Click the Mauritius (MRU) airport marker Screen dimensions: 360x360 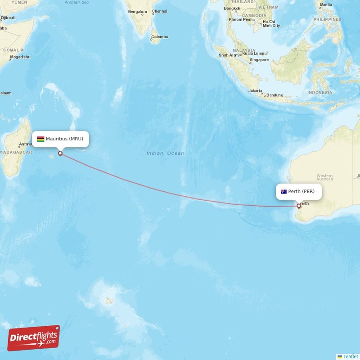tap(60, 153)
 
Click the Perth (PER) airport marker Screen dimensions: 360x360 tap(298, 206)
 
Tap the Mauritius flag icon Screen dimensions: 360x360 tap(40, 139)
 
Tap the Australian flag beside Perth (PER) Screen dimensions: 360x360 tap(284, 192)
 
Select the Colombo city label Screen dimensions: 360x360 tap(159, 37)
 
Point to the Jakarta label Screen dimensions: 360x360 tap(256, 90)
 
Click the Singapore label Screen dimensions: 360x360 tap(259, 60)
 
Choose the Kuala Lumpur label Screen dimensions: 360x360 tap(255, 53)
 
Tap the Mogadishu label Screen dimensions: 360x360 tap(20, 57)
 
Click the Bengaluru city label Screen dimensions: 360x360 tap(137, 11)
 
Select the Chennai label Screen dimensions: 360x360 tap(159, 11)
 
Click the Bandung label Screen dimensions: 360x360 tap(274, 95)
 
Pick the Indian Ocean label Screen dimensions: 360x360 tap(165, 153)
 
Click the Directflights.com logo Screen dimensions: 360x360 tap(34, 338)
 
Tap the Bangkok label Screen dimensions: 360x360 tap(232, 8)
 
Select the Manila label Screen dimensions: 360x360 tap(325, 5)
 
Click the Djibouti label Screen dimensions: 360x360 tap(8, 18)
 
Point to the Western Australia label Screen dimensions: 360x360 tap(324, 177)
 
